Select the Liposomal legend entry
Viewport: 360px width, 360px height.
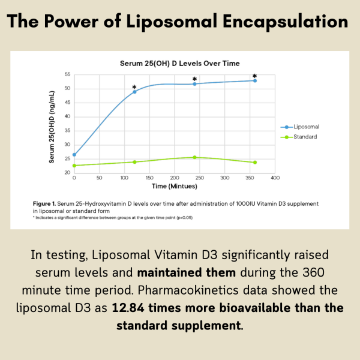pyautogui.click(x=305, y=127)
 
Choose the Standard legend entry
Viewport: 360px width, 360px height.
pyautogui.click(x=305, y=137)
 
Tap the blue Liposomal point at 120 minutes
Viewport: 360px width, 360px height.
pyautogui.click(x=134, y=92)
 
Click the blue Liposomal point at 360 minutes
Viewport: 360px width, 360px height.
pyautogui.click(x=255, y=80)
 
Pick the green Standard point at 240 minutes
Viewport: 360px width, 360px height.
pyautogui.click(x=194, y=157)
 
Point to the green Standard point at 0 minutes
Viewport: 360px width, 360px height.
pyautogui.click(x=74, y=166)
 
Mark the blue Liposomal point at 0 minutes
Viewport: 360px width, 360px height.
pyautogui.click(x=74, y=155)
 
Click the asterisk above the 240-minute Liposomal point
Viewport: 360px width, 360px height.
pyautogui.click(x=194, y=79)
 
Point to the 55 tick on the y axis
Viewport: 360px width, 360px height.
pyautogui.click(x=67, y=74)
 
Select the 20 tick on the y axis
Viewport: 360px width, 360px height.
pyautogui.click(x=67, y=173)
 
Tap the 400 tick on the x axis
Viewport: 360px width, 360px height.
pyautogui.click(x=275, y=179)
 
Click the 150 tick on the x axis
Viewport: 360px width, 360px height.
pyautogui.click(x=149, y=179)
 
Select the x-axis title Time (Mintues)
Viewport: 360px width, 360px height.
pyautogui.click(x=173, y=187)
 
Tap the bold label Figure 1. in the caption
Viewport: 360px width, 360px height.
pyautogui.click(x=47, y=204)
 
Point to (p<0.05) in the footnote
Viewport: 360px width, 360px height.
pyautogui.click(x=181, y=217)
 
